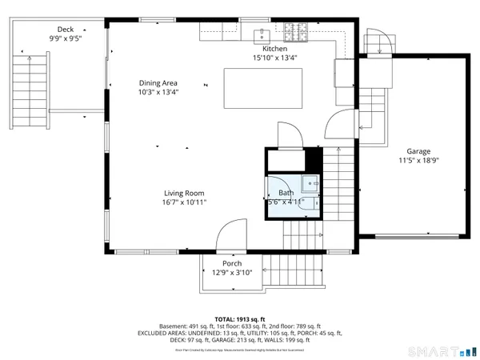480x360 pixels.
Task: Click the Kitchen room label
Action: click(x=263, y=49)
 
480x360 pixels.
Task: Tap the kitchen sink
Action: click(x=262, y=34)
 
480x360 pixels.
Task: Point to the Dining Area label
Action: click(x=158, y=82)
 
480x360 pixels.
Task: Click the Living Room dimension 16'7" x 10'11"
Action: click(x=185, y=202)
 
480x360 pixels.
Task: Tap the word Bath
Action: click(x=286, y=193)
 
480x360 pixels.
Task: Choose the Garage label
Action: click(x=418, y=151)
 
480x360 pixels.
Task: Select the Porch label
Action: click(x=232, y=263)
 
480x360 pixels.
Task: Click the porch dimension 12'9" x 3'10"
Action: click(x=232, y=272)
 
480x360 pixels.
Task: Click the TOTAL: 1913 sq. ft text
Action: click(x=240, y=319)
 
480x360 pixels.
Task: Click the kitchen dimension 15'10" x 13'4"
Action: click(x=263, y=58)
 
